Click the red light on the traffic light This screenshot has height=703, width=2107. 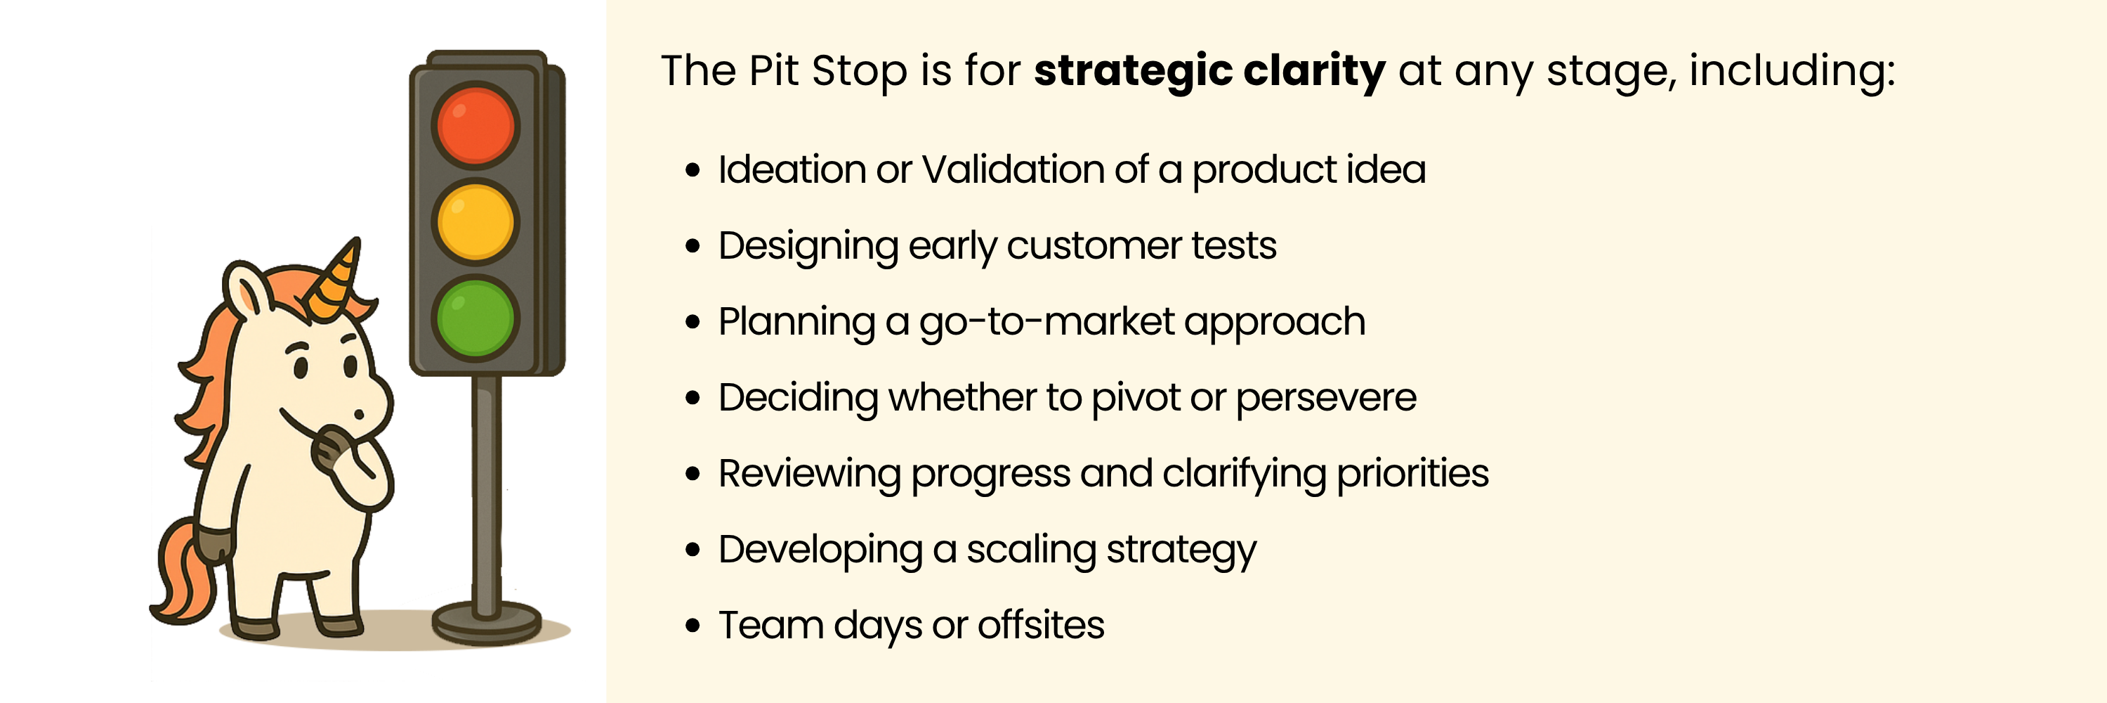coord(475,125)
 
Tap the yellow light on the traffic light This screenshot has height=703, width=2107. coord(475,221)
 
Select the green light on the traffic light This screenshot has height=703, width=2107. coord(475,318)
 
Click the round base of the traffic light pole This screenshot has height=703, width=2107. coord(487,624)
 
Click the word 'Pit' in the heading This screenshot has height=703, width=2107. coord(774,70)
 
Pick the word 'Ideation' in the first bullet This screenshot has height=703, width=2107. coord(792,169)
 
